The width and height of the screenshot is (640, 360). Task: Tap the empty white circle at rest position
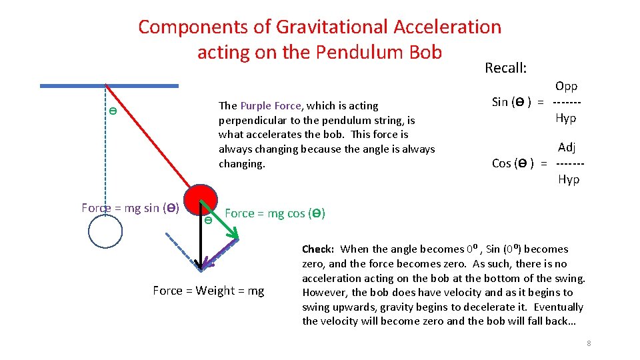click(x=105, y=231)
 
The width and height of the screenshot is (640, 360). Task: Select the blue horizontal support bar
click(x=109, y=86)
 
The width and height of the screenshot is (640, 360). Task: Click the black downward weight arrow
click(x=200, y=247)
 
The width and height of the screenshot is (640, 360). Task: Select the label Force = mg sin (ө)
click(x=130, y=208)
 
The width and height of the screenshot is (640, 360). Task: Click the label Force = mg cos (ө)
click(x=275, y=213)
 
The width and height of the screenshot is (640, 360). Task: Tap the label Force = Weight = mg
click(x=208, y=291)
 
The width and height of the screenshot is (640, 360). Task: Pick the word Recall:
click(x=506, y=68)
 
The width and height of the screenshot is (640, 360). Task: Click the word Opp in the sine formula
click(x=566, y=86)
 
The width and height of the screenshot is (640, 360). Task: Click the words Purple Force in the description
click(x=271, y=105)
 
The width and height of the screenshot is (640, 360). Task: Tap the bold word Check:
click(x=318, y=249)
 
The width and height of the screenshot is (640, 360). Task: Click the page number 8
click(x=589, y=343)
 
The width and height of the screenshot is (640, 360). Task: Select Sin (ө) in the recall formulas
click(x=511, y=102)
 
